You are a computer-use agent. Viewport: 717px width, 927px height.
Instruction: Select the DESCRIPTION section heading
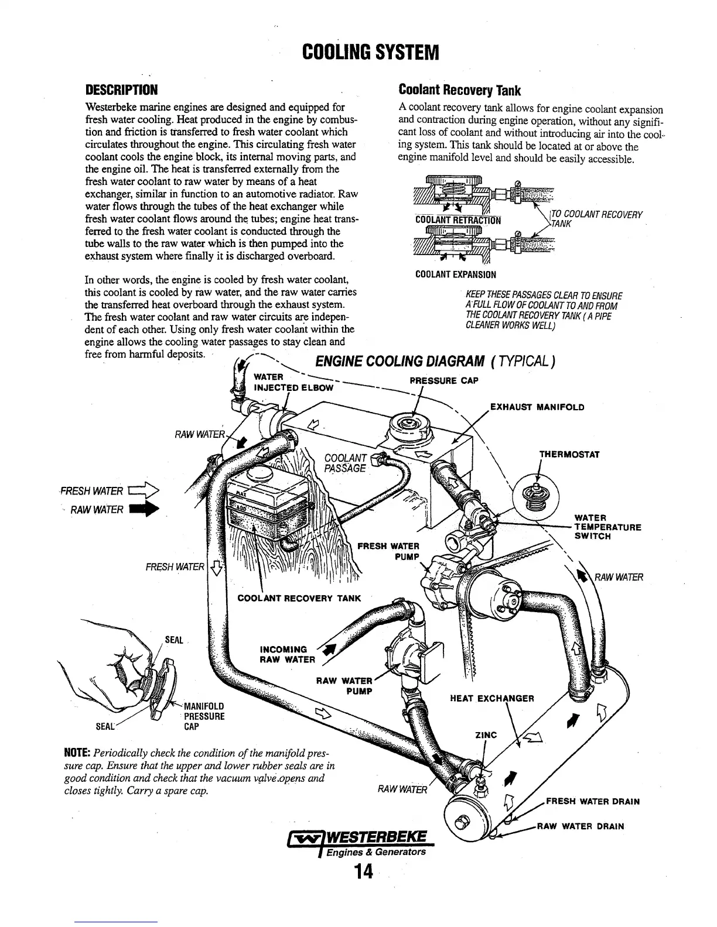pos(121,91)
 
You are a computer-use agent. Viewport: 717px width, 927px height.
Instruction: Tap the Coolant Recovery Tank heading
pos(459,91)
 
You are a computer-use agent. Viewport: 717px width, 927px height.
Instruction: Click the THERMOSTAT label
pos(569,455)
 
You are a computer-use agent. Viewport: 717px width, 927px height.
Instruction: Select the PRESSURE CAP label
pos(444,381)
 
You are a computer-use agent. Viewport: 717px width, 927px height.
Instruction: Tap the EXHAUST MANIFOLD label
pos(537,407)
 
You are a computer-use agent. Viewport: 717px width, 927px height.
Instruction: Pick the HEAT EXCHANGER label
pos(491,698)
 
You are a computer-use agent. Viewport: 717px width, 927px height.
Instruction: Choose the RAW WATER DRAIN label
pos(581,826)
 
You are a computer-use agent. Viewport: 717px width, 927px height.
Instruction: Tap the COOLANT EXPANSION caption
pos(455,274)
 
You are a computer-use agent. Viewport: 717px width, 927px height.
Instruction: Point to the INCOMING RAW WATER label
pos(283,654)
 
